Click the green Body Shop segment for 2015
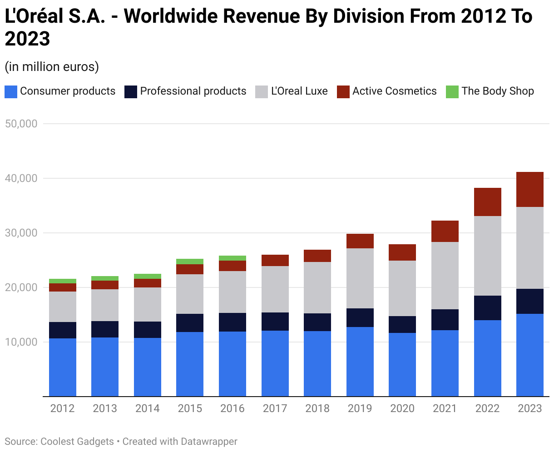point(190,262)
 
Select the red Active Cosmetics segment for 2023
point(530,190)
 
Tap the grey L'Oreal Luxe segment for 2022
point(487,256)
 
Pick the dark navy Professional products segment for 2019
point(360,317)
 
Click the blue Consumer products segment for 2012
point(63,367)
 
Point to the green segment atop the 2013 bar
point(105,278)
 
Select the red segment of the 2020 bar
point(402,252)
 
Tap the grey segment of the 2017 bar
point(275,289)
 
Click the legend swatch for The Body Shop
point(452,91)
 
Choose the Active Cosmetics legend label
point(394,91)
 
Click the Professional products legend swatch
point(130,91)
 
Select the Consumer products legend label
point(68,91)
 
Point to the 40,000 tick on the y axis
point(21,178)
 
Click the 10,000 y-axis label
point(21,342)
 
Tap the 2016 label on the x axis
point(232,408)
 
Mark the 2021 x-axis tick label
point(445,408)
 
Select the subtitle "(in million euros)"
point(52,67)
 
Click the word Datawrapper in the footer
point(209,441)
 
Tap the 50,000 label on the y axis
point(21,124)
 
